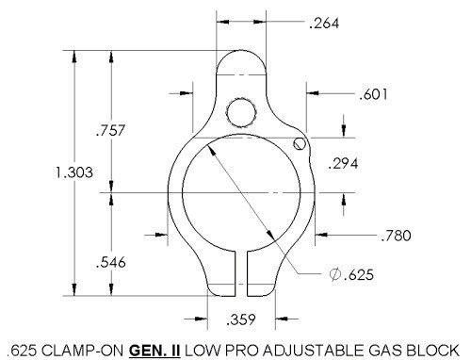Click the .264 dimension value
coord(324,24)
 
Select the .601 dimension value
coord(373,94)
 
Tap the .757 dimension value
coord(110,130)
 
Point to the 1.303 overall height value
coord(74,172)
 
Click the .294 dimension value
coord(343,163)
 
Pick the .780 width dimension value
coord(396,236)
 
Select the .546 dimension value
coord(110,262)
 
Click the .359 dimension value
coord(241,319)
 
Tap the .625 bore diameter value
coord(359,274)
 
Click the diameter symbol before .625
coord(335,274)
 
